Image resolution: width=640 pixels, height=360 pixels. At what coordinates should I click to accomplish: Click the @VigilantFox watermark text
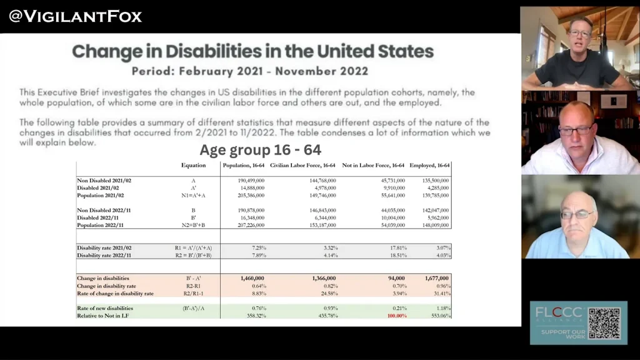(76, 16)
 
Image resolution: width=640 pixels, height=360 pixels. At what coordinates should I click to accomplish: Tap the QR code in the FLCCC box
(604, 323)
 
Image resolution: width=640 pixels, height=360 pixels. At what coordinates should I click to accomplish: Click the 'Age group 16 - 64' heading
(261, 150)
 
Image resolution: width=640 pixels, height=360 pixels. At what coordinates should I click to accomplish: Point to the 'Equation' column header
(193, 166)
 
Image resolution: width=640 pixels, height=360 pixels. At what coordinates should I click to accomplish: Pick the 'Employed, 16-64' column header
(430, 166)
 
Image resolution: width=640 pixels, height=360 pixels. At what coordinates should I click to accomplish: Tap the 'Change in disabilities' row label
(103, 278)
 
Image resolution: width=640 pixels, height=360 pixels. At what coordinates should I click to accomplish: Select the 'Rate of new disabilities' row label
(105, 307)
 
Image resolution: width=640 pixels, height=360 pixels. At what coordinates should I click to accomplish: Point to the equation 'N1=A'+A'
(194, 195)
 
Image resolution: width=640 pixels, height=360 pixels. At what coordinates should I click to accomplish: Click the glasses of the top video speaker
(579, 33)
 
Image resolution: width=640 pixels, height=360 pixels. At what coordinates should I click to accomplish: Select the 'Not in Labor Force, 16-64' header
(373, 166)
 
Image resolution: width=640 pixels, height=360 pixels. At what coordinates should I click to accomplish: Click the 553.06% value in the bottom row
(440, 316)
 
